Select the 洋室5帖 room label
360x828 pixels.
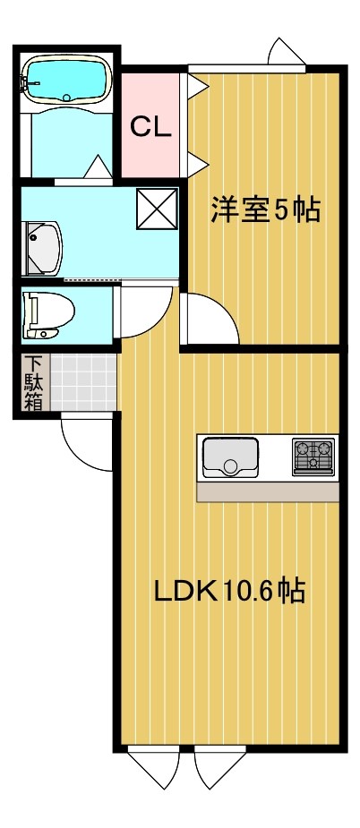point(265,211)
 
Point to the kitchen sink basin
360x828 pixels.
point(230,457)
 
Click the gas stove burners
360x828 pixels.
point(313,456)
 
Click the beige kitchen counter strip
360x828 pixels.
point(267,492)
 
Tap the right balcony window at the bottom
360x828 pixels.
point(220,766)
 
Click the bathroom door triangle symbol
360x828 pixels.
point(98,167)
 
